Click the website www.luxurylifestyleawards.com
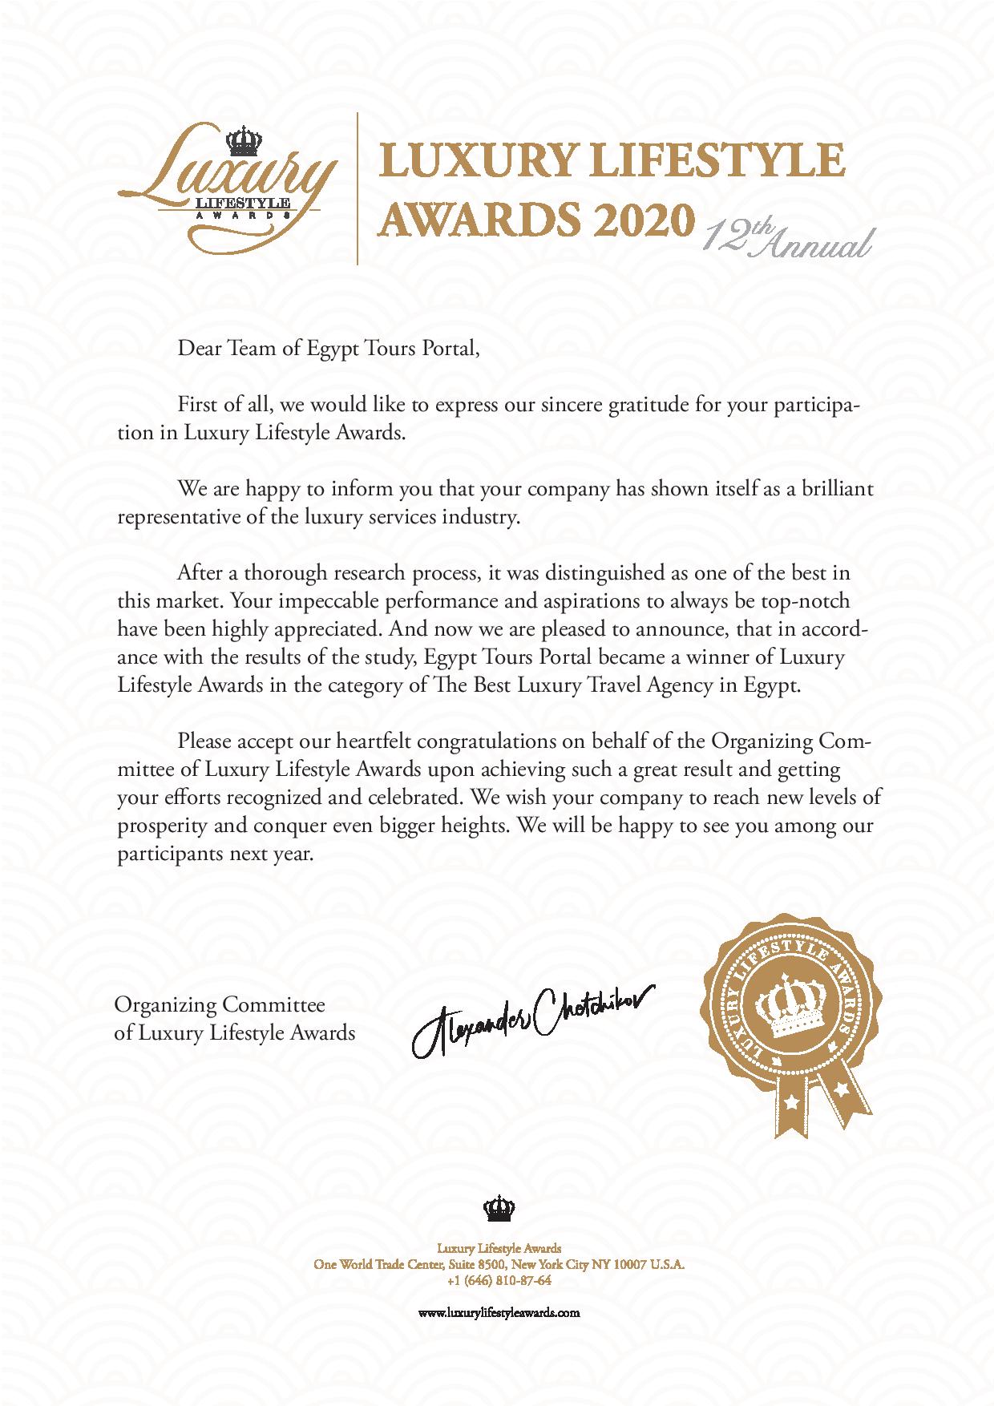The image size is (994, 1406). click(498, 1312)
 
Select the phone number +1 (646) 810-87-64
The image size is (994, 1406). click(498, 1280)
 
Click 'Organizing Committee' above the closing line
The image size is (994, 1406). click(220, 1004)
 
